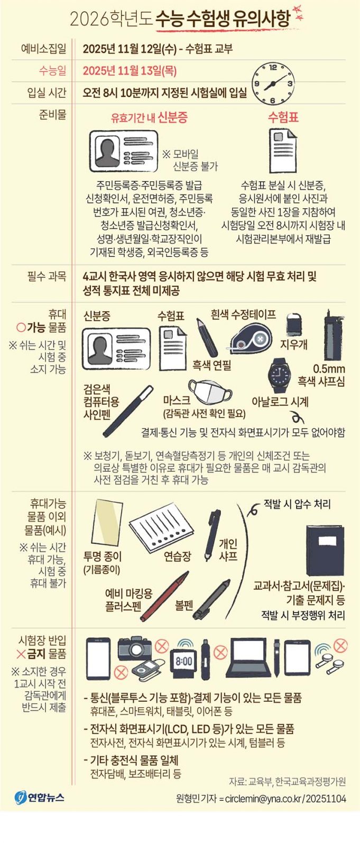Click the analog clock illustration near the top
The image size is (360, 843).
[273, 84]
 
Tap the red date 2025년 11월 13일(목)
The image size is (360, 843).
[130, 71]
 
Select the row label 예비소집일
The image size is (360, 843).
[44, 49]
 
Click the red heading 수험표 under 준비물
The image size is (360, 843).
[283, 117]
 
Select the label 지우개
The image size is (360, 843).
[294, 344]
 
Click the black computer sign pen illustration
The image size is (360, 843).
[128, 411]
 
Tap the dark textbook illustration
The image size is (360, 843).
[325, 550]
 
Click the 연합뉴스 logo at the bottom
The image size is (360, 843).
[40, 796]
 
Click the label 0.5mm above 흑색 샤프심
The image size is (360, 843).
[329, 368]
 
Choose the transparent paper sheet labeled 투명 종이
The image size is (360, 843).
[107, 522]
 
